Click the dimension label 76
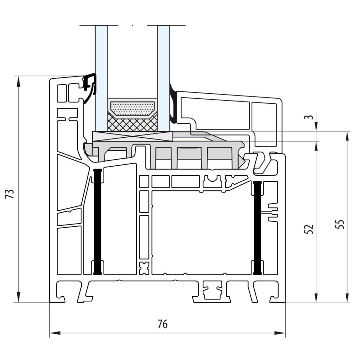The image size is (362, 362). click(x=163, y=324)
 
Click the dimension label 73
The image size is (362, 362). click(x=10, y=194)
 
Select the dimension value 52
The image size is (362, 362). click(x=309, y=229)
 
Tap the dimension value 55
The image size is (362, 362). click(x=340, y=224)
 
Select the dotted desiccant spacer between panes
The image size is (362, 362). click(x=132, y=109)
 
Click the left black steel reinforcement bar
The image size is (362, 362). click(x=98, y=222)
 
